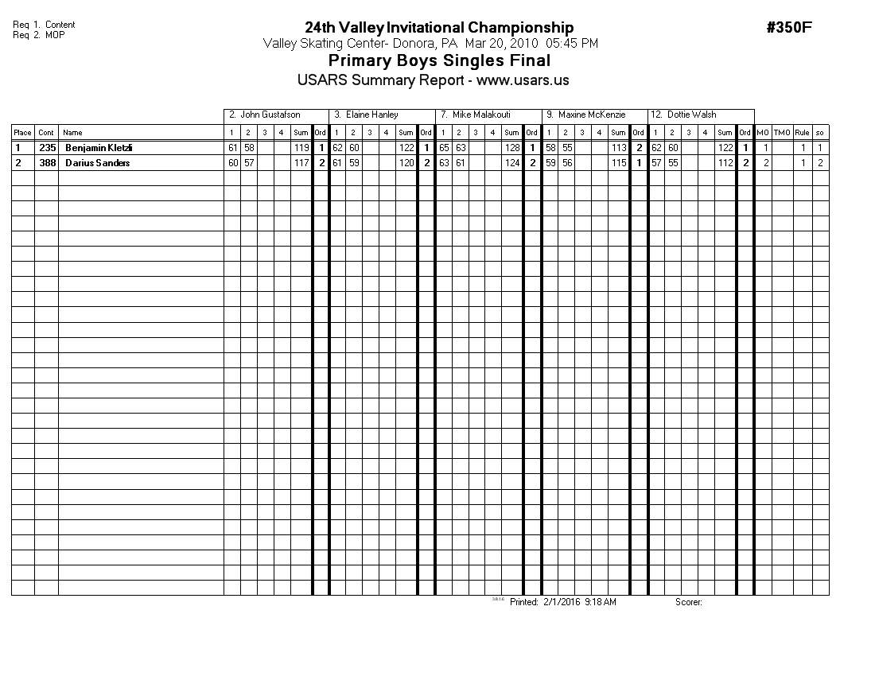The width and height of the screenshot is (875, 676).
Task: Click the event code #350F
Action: point(788,28)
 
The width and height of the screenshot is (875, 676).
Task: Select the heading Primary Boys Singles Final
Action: point(439,60)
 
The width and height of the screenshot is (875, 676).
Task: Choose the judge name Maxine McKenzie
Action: point(592,115)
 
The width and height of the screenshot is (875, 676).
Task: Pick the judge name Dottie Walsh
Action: point(692,115)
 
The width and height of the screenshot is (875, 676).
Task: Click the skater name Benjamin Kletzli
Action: point(99,148)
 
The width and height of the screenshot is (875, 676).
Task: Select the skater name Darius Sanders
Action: point(97,163)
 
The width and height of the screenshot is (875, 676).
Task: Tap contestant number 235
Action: point(47,148)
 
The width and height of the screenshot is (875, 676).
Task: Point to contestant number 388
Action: point(47,163)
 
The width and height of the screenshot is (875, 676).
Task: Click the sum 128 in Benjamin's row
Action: point(512,148)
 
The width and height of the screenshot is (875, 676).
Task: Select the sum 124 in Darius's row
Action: point(512,163)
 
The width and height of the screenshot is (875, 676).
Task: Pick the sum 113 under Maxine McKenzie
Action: point(619,148)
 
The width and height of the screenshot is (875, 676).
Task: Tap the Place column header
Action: point(22,133)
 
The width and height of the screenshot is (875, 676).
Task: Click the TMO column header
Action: point(782,133)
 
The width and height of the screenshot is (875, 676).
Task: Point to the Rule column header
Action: point(802,133)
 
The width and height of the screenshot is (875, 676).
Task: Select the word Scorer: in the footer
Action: point(689,602)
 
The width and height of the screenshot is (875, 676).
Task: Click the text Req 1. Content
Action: point(44,25)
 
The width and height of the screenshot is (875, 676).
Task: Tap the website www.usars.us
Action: point(523,80)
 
